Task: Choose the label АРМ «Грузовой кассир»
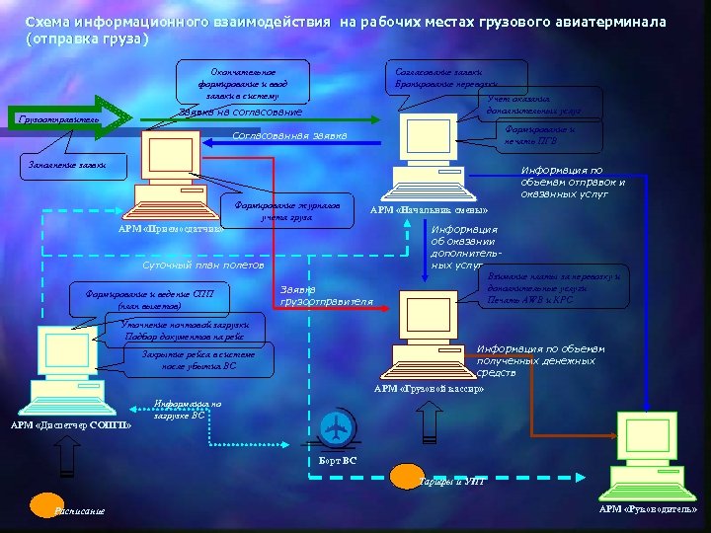click(x=429, y=389)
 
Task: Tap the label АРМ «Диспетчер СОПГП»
click(x=70, y=425)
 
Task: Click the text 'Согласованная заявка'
click(x=288, y=135)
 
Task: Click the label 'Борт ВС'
click(x=338, y=461)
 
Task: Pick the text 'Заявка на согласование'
click(x=241, y=112)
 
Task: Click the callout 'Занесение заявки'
click(x=67, y=164)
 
